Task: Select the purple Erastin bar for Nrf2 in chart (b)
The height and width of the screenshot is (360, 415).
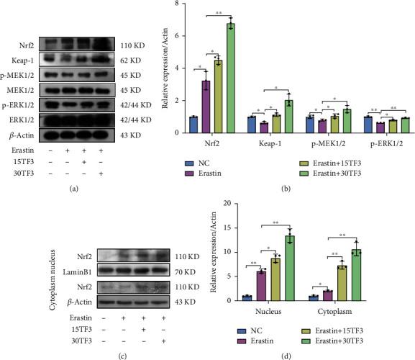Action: point(205,107)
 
